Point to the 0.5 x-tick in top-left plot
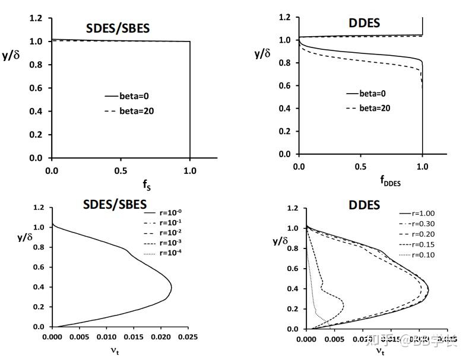121,169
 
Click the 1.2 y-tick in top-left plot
37,19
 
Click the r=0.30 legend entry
411,224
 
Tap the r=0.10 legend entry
411,254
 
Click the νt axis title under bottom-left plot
119,351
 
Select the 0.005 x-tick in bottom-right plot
334,340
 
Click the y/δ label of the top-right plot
262,54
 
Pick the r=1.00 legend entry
411,214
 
